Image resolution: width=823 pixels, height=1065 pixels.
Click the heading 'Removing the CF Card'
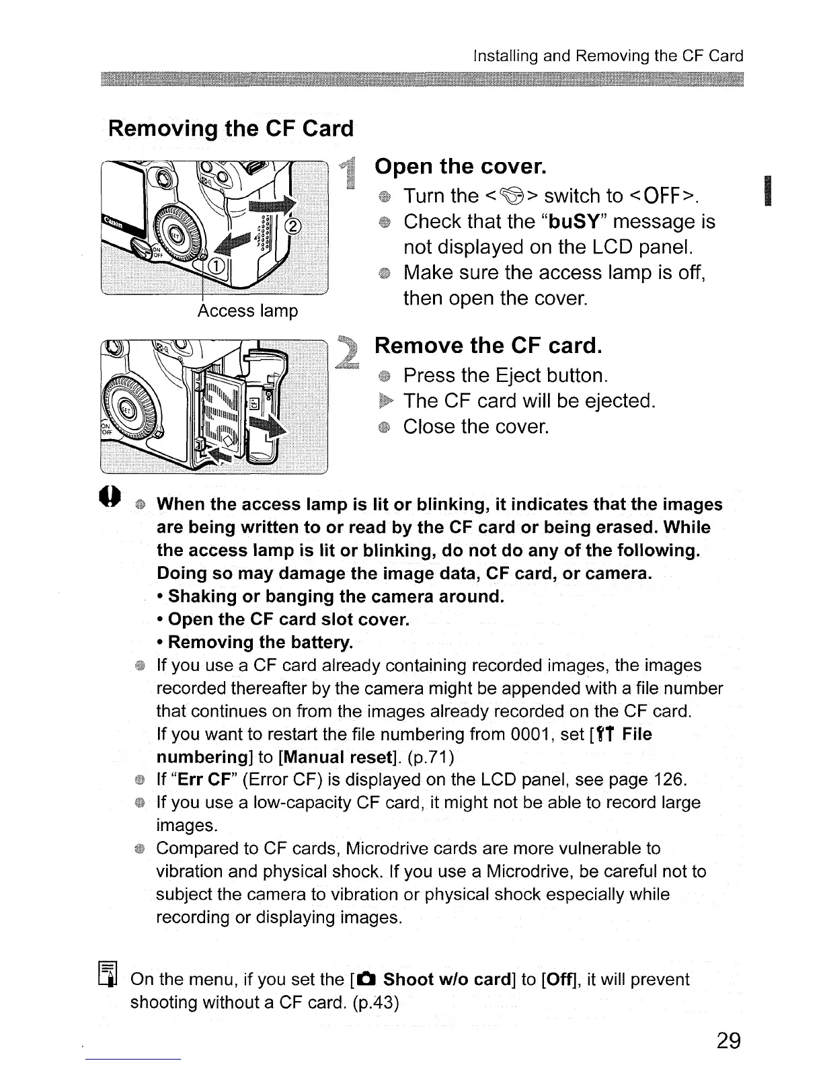(231, 128)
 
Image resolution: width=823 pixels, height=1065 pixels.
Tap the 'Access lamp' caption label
(247, 311)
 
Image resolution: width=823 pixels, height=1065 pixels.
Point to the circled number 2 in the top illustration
(295, 225)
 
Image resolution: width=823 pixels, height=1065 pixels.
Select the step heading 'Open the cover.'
(460, 166)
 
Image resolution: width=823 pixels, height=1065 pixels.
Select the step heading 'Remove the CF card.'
(487, 346)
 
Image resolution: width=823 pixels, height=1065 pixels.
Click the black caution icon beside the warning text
(111, 498)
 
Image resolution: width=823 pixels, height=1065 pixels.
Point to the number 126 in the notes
(668, 780)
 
